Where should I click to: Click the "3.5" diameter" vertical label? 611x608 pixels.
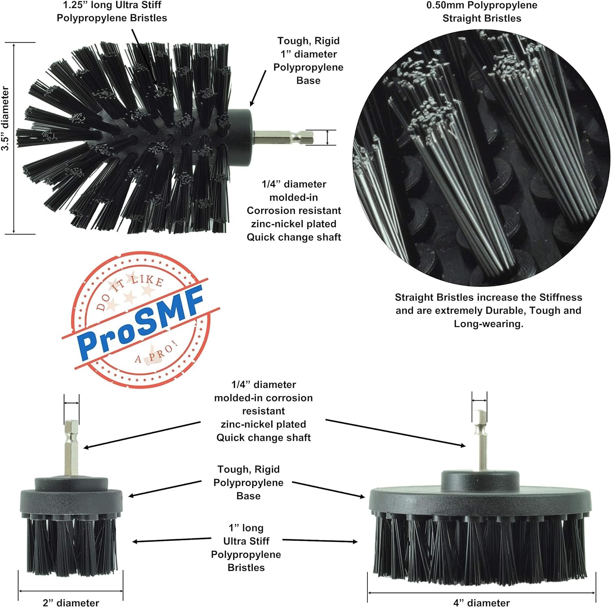click(x=5, y=118)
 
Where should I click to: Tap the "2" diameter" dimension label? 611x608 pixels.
click(x=71, y=603)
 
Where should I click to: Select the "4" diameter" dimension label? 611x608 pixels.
click(x=481, y=603)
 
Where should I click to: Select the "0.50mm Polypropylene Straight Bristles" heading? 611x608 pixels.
click(x=481, y=12)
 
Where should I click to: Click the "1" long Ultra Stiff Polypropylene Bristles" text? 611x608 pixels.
click(x=246, y=547)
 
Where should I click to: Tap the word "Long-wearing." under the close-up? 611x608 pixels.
click(x=488, y=324)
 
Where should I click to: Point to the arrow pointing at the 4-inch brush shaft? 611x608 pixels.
click(x=395, y=433)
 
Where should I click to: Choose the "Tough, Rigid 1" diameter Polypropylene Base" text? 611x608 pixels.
click(x=308, y=60)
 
